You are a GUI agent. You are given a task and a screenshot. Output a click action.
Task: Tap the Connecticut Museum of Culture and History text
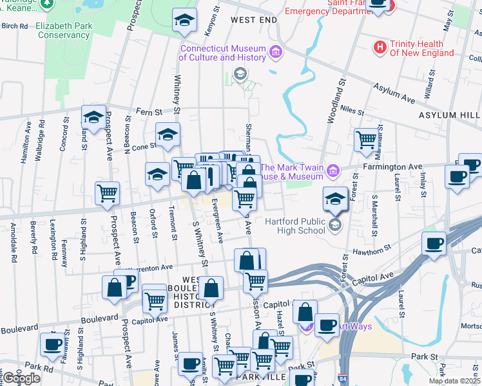click(x=222, y=53)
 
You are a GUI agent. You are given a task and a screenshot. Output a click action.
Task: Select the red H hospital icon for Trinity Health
click(x=380, y=47)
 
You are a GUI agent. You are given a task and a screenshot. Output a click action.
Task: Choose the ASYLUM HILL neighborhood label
click(x=449, y=115)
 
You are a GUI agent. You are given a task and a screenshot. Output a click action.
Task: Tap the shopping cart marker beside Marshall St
click(x=366, y=139)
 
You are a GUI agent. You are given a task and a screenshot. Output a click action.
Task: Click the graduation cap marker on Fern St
click(x=93, y=117)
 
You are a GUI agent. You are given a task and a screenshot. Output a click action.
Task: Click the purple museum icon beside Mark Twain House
click(x=333, y=170)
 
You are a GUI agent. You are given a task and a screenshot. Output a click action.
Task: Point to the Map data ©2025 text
click(x=456, y=381)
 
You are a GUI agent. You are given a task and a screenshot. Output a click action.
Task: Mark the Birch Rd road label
click(x=14, y=26)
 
